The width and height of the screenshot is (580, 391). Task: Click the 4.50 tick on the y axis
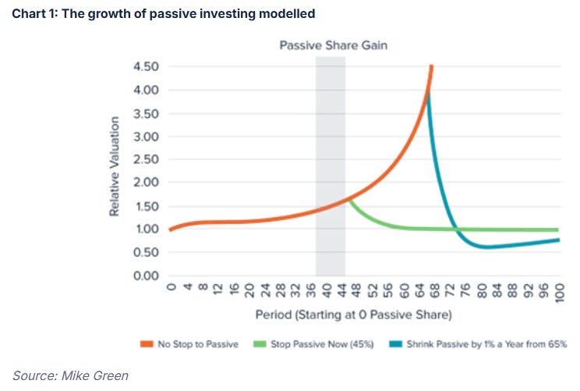(x=146, y=67)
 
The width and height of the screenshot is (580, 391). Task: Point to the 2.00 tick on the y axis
(x=146, y=183)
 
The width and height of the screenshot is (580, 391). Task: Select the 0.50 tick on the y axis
(x=146, y=252)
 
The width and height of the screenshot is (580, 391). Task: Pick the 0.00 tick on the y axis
(x=146, y=275)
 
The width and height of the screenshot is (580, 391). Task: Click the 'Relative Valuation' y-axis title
(x=115, y=166)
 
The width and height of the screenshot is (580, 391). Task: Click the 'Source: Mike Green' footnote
(x=70, y=375)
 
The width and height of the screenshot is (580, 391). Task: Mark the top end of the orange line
(x=431, y=66)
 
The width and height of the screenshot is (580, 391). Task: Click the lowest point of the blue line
(x=486, y=247)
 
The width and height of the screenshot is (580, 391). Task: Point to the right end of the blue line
(x=559, y=240)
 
